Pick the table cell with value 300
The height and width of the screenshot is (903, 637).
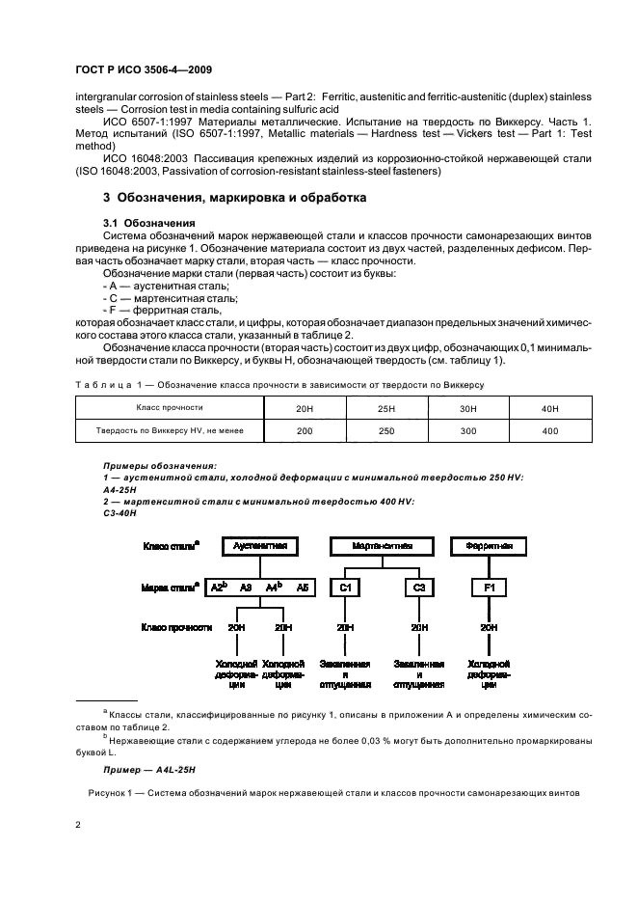coord(467,430)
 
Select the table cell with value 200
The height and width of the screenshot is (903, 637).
coord(305,430)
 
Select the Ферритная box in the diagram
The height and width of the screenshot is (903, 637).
coord(489,545)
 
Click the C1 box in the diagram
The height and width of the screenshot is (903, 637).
coord(344,587)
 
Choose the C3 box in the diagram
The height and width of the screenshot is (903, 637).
coord(420,587)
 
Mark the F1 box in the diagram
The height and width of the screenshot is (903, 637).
coord(489,587)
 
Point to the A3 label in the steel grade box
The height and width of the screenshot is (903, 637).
coord(246,587)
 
